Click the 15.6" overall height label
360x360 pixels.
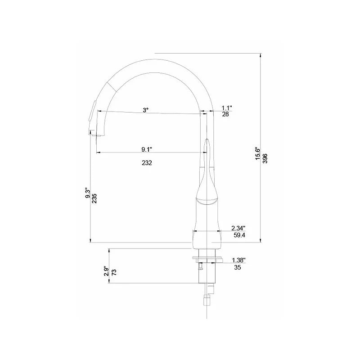258,154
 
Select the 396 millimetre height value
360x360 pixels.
265,158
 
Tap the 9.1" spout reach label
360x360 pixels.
147,149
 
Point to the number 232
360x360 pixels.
147,163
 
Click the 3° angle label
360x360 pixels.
145,110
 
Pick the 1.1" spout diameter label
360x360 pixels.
227,108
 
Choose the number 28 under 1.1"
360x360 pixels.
225,114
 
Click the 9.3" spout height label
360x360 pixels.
87,193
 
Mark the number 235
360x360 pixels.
94,198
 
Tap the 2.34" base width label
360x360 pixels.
238,228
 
